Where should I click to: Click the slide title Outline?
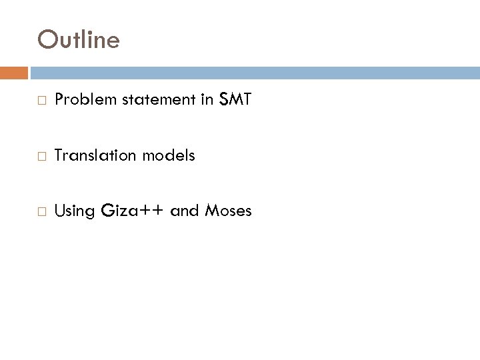coord(79,40)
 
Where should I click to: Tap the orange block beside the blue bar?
coord(13,73)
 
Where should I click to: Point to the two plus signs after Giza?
coord(150,212)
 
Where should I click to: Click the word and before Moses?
coord(185,211)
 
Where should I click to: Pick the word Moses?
coord(228,211)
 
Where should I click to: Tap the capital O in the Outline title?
coord(47,40)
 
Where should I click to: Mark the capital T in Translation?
coord(59,155)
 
